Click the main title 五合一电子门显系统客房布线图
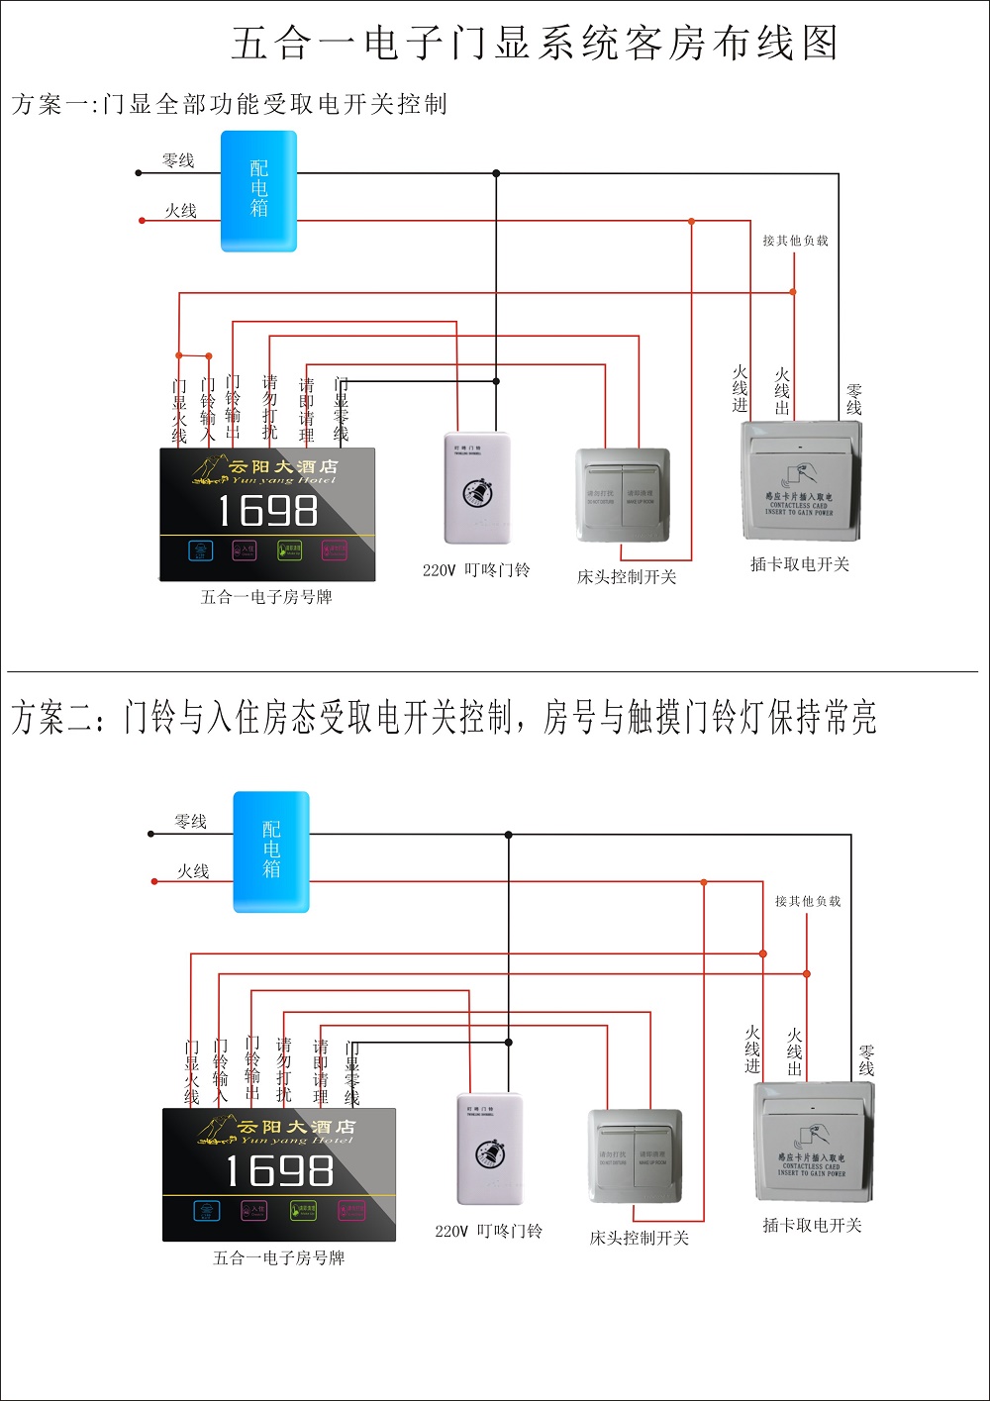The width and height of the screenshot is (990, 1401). coord(535,44)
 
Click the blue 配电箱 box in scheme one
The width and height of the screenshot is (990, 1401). coord(258,190)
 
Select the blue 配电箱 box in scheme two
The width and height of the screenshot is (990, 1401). coord(271,851)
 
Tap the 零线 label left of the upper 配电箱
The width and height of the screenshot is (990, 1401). coord(178,160)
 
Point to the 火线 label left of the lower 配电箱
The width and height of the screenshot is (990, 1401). coord(193,871)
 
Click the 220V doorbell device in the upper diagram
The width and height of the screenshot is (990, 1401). coord(477,488)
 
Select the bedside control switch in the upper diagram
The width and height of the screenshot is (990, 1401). coord(623,495)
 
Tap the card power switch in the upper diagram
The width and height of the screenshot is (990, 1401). coord(801,481)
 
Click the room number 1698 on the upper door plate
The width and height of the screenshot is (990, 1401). coord(267,511)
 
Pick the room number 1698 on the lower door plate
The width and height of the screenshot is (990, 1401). coord(279,1172)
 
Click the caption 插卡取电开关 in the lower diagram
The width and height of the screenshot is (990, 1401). coord(812,1226)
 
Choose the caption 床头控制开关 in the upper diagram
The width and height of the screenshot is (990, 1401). coord(627,577)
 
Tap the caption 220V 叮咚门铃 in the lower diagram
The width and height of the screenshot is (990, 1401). coord(488,1232)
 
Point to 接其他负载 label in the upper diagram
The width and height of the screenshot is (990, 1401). coord(795,241)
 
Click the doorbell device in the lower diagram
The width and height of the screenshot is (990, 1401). coord(489,1149)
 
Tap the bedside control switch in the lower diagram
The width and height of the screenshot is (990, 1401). coord(636,1156)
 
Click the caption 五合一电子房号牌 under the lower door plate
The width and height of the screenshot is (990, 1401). coord(279,1258)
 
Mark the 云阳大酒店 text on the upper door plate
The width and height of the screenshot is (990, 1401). coord(283,466)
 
